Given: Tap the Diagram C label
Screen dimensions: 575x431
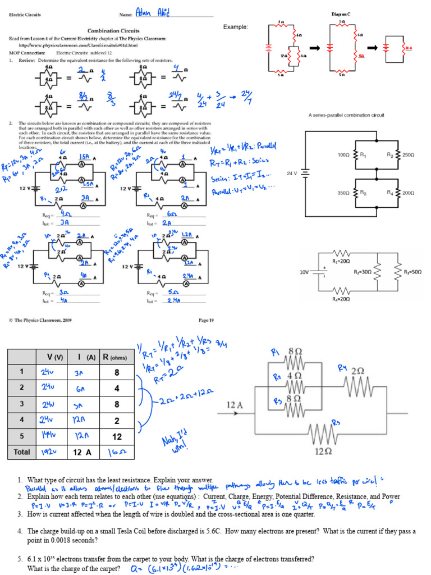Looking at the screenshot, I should coord(344,13).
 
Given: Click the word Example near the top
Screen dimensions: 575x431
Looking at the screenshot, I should coord(236,27).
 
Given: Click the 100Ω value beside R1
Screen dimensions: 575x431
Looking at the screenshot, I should coord(343,154).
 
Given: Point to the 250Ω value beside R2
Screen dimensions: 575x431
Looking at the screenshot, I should coord(409,154).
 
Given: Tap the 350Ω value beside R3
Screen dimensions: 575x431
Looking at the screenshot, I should coord(343,193).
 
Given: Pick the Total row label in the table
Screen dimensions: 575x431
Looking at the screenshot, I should coord(22,451).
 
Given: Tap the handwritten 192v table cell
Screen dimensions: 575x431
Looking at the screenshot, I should coord(48,451).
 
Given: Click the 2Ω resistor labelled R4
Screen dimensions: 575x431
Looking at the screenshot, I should coord(357,385).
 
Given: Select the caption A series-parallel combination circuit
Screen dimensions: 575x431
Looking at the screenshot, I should coord(346,115).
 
